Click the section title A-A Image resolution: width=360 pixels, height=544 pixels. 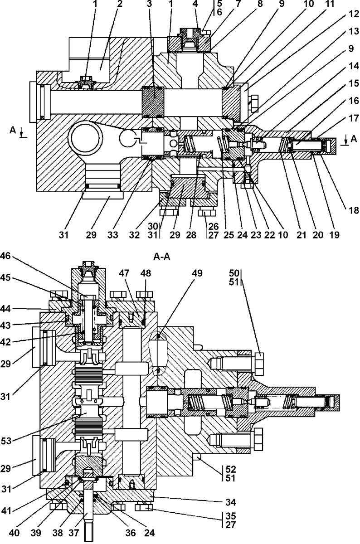coord(162,257)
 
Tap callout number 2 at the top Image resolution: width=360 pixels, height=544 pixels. coord(119,4)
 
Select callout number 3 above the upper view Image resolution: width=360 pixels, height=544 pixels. coord(149,4)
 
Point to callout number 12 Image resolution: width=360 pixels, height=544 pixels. coord(354,15)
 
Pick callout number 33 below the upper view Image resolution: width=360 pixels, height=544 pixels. coord(113,235)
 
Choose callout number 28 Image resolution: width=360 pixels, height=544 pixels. coord(191,235)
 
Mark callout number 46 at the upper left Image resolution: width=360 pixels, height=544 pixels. coord(5,256)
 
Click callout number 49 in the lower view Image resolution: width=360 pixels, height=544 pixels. coord(197,273)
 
